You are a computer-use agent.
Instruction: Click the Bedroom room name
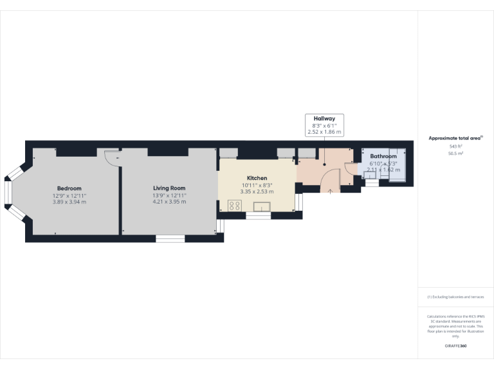click(x=69, y=188)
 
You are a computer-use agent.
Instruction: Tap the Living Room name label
click(x=169, y=188)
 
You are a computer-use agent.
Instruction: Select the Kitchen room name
click(x=257, y=178)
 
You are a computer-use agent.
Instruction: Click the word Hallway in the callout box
click(x=324, y=119)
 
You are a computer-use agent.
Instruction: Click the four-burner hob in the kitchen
click(x=235, y=206)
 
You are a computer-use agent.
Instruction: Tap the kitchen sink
click(x=261, y=206)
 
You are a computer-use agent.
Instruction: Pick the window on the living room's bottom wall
click(x=170, y=239)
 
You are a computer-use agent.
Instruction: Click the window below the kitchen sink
click(x=259, y=216)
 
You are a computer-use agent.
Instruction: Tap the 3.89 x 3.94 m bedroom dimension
click(x=69, y=202)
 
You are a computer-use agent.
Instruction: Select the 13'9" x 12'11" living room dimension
click(x=169, y=195)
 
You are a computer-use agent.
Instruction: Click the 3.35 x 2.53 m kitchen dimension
click(x=257, y=191)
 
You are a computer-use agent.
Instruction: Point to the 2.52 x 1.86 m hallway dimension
click(x=324, y=132)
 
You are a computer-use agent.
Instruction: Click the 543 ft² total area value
click(x=456, y=146)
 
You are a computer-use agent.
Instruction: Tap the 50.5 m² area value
click(x=456, y=154)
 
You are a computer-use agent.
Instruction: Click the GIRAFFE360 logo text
click(x=456, y=346)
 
